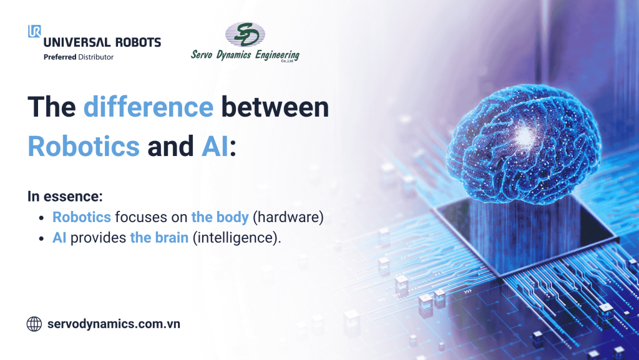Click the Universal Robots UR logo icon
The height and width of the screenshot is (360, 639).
pyautogui.click(x=34, y=31)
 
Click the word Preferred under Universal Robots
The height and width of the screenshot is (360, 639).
pyautogui.click(x=60, y=57)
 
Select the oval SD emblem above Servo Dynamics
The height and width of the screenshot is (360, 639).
pyautogui.click(x=245, y=35)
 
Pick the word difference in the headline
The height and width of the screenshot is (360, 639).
pyautogui.click(x=149, y=107)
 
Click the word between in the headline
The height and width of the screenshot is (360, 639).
pyautogui.click(x=275, y=107)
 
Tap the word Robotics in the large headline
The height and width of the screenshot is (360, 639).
pyautogui.click(x=84, y=145)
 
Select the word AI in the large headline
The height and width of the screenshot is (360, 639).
pyautogui.click(x=215, y=145)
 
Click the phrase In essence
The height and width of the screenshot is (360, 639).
pyautogui.click(x=65, y=197)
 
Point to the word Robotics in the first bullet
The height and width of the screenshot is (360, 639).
pyautogui.click(x=82, y=218)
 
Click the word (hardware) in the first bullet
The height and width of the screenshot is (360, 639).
pyautogui.click(x=289, y=218)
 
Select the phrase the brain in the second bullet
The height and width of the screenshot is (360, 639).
pyautogui.click(x=159, y=238)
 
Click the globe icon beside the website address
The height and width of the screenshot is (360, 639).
pyautogui.click(x=34, y=324)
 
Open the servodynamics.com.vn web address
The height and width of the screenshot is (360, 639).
pyautogui.click(x=114, y=324)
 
